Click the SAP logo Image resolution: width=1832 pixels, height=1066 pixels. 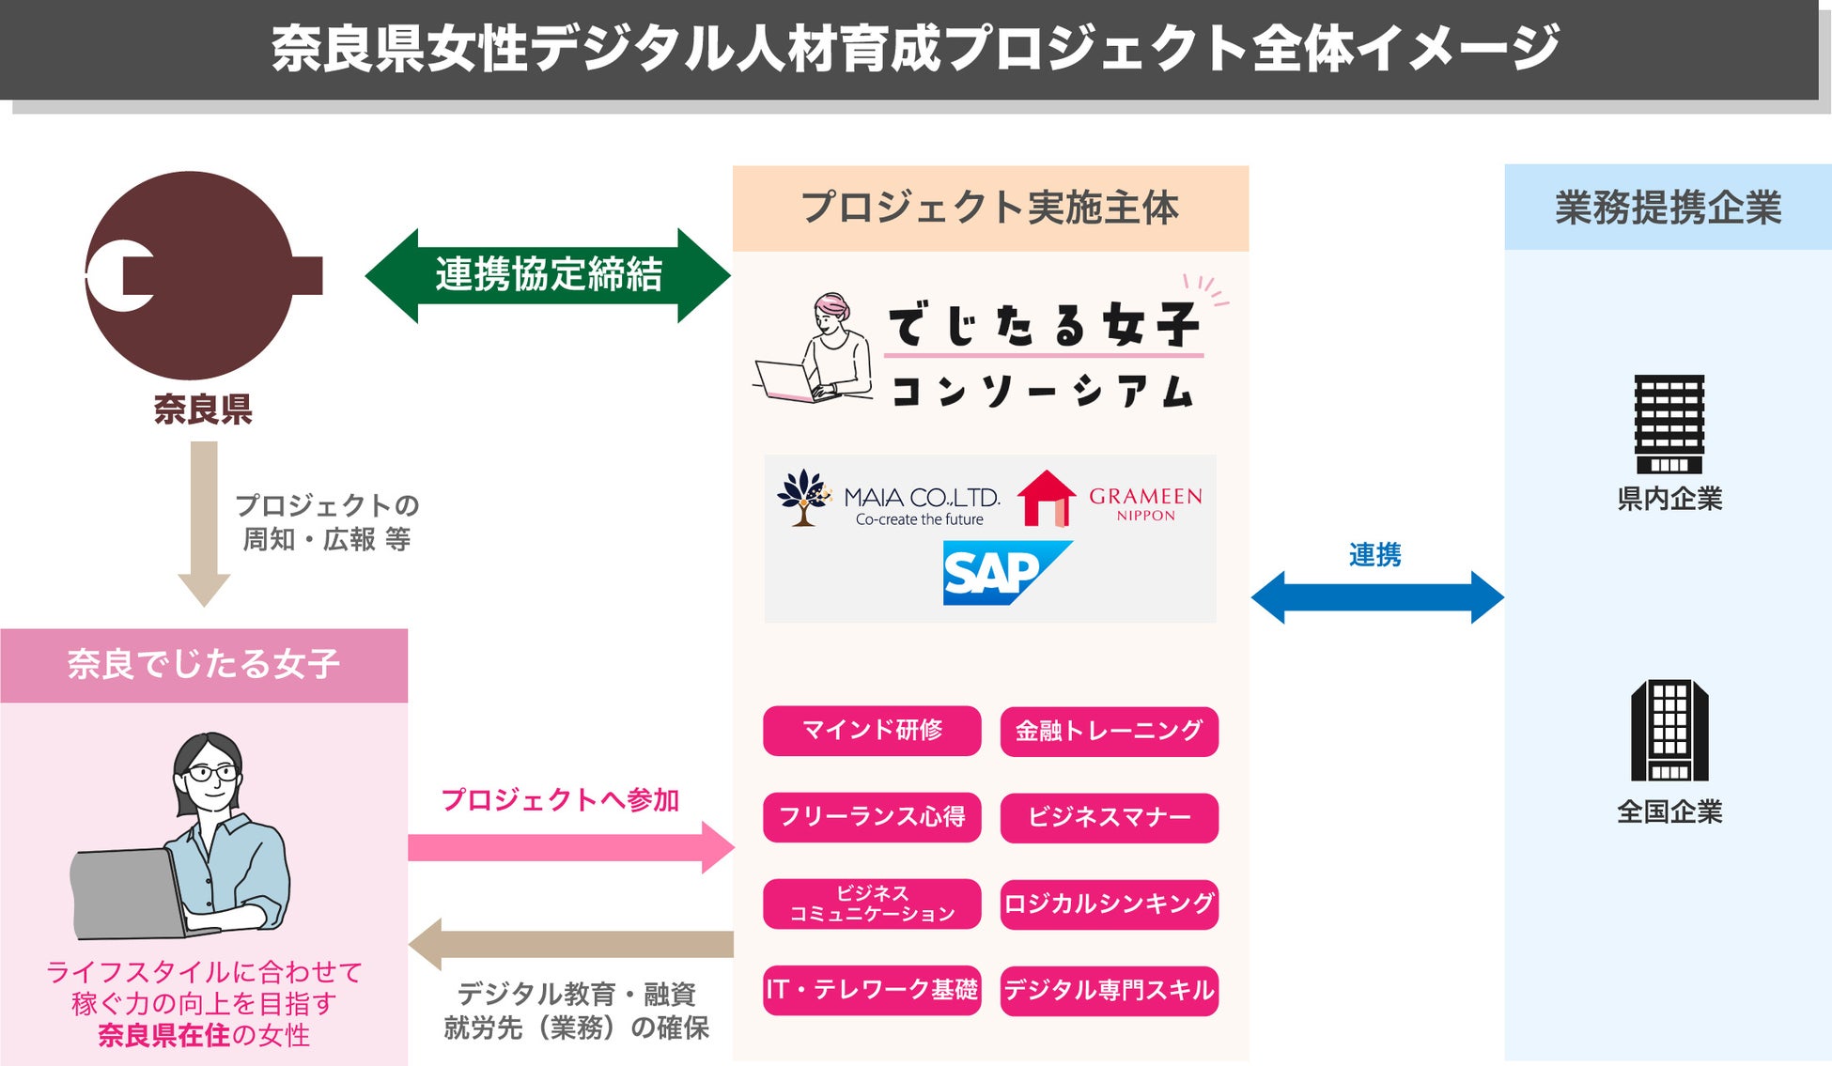pos(1005,572)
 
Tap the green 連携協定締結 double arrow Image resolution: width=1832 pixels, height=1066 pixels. pos(548,275)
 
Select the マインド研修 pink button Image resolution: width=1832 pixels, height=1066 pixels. pos(872,731)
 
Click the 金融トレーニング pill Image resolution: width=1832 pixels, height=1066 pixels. pos(1109,732)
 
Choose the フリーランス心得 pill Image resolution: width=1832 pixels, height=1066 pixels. pos(872,817)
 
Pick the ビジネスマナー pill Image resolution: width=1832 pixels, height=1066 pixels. pos(1109,818)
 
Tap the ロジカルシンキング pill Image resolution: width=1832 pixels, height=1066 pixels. pos(1109,904)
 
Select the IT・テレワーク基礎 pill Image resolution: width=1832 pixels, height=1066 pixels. pos(872,990)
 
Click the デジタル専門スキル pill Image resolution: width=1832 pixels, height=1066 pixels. pos(1109,991)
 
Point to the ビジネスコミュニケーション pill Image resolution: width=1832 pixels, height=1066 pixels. pos(872,904)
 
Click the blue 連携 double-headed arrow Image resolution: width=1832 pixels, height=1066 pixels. pos(1377,597)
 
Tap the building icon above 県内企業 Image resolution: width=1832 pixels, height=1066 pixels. pos(1669,424)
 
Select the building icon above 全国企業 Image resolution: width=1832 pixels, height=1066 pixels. pos(1669,731)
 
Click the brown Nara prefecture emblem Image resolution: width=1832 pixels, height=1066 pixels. pos(193,275)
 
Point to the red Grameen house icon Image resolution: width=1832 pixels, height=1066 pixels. pos(1046,499)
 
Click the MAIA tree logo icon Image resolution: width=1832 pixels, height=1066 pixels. pos(804,497)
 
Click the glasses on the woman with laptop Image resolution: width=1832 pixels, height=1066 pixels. pos(212,773)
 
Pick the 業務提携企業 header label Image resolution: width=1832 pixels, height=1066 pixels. pos(1668,208)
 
